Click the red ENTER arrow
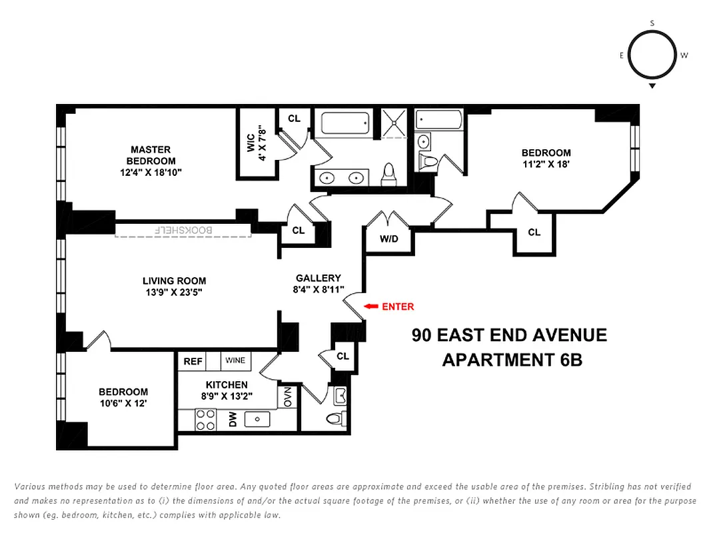click(370, 306)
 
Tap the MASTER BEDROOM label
click(151, 155)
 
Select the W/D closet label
click(388, 239)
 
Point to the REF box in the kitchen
click(193, 361)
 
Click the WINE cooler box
click(235, 360)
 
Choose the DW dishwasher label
click(233, 419)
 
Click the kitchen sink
click(257, 419)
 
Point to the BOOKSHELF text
click(183, 230)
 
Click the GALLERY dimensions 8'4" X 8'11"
click(319, 289)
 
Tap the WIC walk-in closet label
click(251, 143)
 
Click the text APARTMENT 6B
click(512, 360)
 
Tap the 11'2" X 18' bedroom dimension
click(546, 163)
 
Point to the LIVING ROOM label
click(174, 280)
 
